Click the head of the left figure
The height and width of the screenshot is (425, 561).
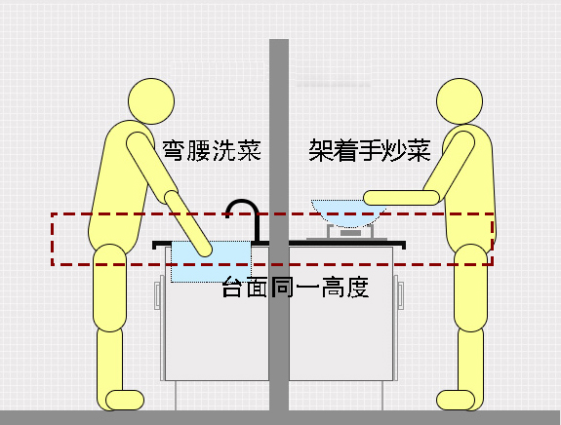(151, 101)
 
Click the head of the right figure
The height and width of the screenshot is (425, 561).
(460, 101)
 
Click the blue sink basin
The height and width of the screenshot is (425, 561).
(211, 261)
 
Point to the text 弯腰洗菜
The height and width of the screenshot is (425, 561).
(212, 150)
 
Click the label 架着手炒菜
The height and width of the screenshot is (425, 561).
(370, 150)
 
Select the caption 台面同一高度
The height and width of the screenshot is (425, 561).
(296, 287)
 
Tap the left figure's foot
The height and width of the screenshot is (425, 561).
(125, 400)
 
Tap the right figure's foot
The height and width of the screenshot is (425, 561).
(456, 400)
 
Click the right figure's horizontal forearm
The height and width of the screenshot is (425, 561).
(401, 198)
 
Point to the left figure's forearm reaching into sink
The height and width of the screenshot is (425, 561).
(188, 223)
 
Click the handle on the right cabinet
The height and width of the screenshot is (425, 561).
(399, 292)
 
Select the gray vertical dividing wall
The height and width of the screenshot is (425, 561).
(279, 224)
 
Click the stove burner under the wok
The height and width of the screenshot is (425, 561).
(350, 233)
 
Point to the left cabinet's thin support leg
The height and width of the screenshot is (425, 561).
(176, 396)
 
